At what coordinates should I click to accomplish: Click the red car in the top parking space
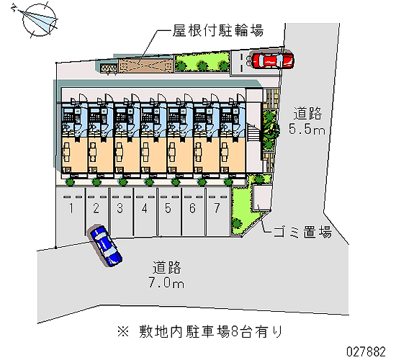[x=273, y=60]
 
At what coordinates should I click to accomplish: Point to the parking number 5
[x=168, y=208]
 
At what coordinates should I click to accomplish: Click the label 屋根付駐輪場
[x=218, y=30]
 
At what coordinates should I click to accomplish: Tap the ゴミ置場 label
[x=303, y=232]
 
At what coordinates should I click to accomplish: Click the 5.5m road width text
[x=307, y=130]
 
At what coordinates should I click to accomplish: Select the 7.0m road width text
[x=166, y=282]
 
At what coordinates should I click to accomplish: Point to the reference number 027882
[x=366, y=351]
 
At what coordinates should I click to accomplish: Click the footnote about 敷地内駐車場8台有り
[x=199, y=332]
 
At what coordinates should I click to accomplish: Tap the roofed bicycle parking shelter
[x=146, y=66]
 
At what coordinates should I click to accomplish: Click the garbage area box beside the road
[x=262, y=198]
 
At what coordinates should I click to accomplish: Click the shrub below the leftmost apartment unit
[x=71, y=181]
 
